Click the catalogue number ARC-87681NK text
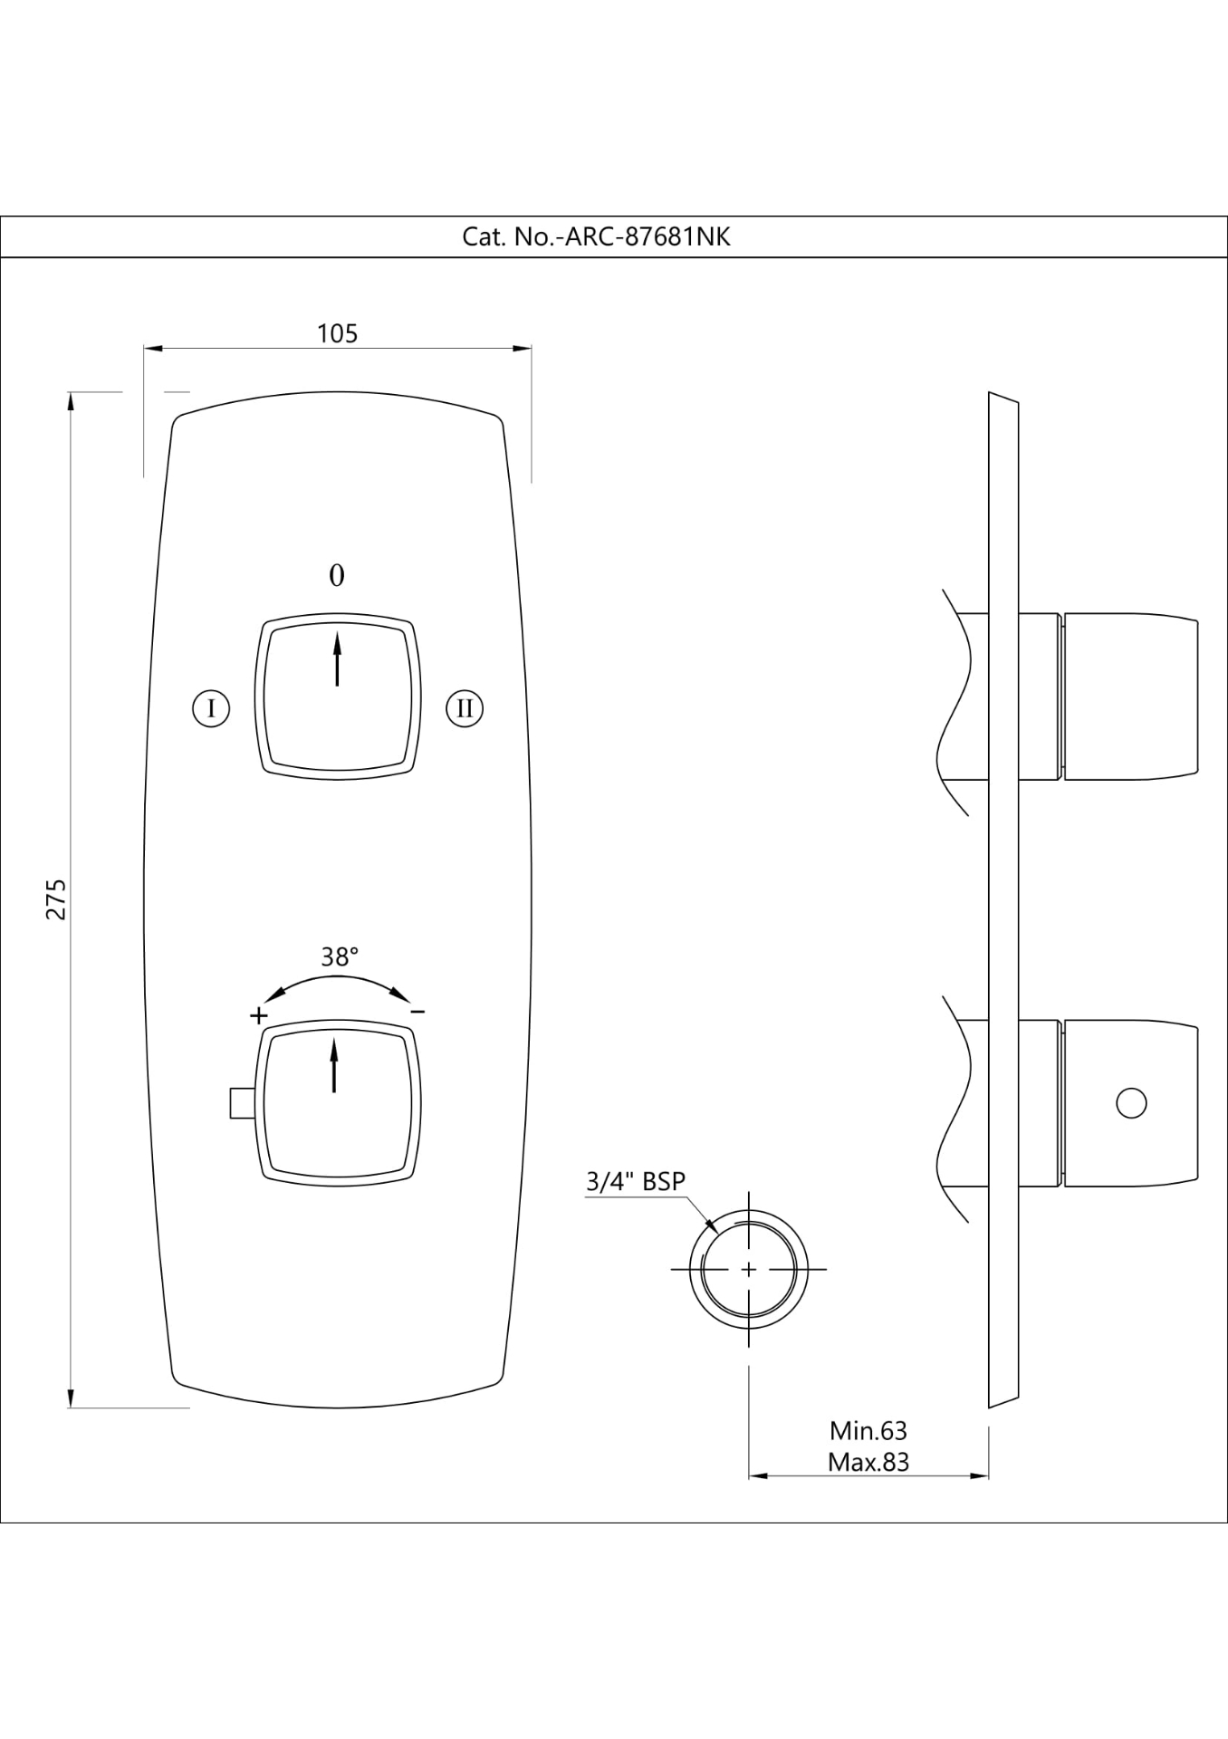click(596, 237)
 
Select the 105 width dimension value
click(337, 334)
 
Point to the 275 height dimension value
click(56, 898)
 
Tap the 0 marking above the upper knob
click(337, 576)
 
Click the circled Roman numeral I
click(211, 707)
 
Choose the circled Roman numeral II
click(465, 708)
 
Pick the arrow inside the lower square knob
click(334, 1065)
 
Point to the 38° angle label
click(340, 957)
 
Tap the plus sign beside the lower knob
click(259, 1014)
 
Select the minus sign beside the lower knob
click(417, 1011)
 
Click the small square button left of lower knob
click(241, 1102)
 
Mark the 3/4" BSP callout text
click(636, 1181)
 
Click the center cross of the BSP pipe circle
click(749, 1270)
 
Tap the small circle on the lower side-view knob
click(1131, 1103)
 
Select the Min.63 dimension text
click(868, 1431)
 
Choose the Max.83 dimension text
click(868, 1462)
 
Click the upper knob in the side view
click(1131, 697)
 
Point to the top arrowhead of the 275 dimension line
click(71, 401)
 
